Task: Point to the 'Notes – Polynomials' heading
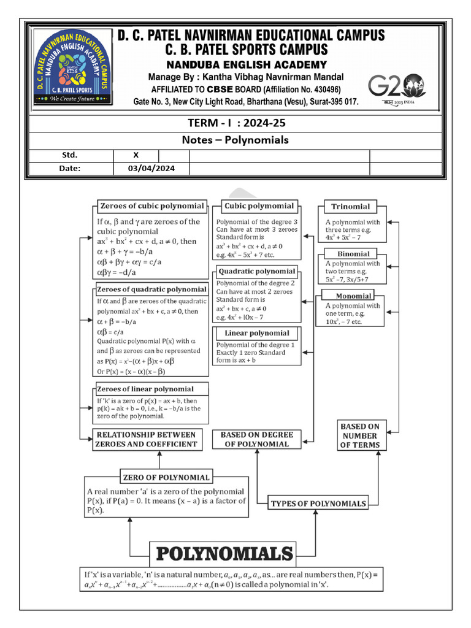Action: pyautogui.click(x=235, y=140)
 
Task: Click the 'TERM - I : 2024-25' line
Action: pyautogui.click(x=235, y=123)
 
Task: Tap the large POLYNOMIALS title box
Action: pyautogui.click(x=223, y=554)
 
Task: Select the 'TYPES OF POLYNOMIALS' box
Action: pyautogui.click(x=318, y=504)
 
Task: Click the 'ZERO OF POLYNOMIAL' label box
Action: pyautogui.click(x=166, y=477)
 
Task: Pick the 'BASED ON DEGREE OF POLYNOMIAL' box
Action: pyautogui.click(x=256, y=439)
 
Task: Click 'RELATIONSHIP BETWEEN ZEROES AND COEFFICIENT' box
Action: pyautogui.click(x=146, y=439)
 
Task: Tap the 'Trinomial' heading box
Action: pyautogui.click(x=351, y=207)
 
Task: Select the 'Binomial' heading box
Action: pyautogui.click(x=353, y=254)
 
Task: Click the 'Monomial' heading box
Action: pyautogui.click(x=354, y=296)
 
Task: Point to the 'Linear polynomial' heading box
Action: pyautogui.click(x=256, y=333)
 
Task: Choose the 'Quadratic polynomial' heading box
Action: pyautogui.click(x=256, y=271)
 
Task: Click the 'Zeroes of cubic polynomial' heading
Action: pyautogui.click(x=151, y=206)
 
